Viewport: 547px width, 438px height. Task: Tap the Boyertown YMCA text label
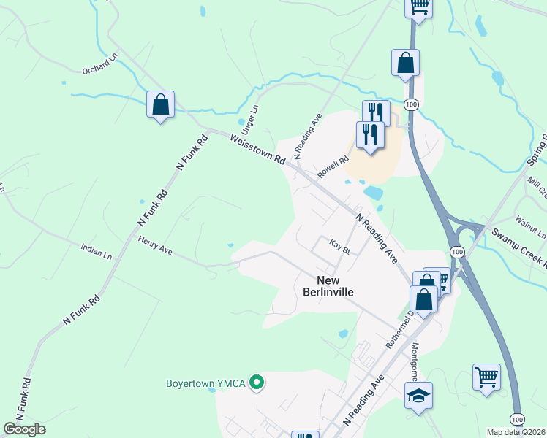click(206, 383)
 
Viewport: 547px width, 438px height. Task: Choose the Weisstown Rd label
click(257, 147)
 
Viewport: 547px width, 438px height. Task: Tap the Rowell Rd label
click(333, 168)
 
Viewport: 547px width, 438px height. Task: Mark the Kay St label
click(341, 247)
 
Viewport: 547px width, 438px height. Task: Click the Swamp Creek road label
click(518, 247)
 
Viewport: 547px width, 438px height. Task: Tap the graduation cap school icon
click(418, 395)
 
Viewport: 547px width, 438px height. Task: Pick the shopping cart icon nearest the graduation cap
click(486, 377)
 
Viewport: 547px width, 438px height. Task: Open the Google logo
click(24, 429)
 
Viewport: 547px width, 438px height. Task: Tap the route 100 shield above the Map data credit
click(517, 419)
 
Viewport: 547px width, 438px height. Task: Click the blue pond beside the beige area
click(372, 193)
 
